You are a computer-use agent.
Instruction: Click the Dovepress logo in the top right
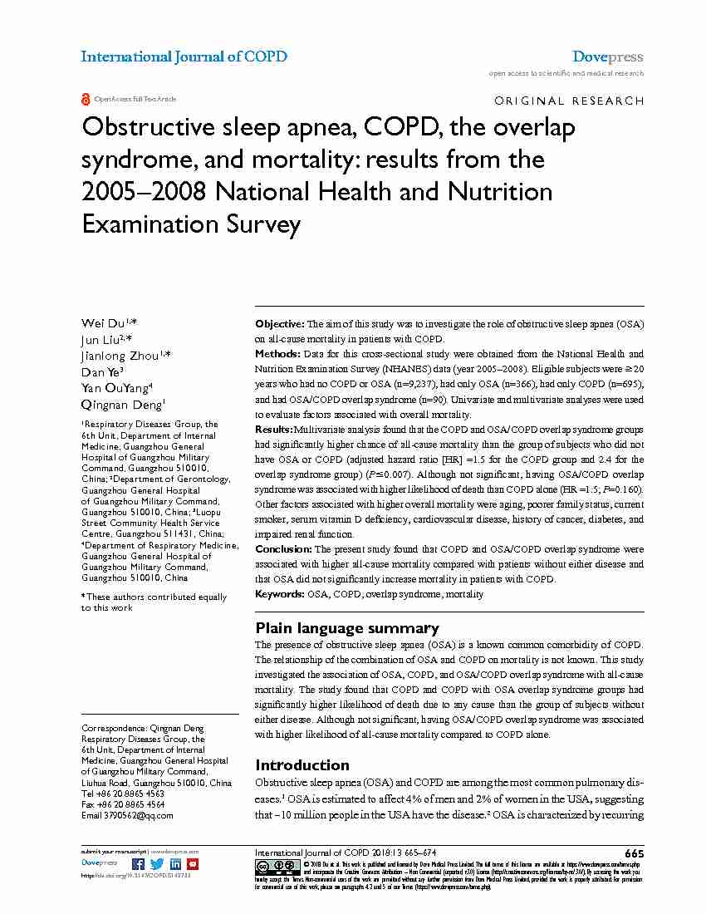click(607, 57)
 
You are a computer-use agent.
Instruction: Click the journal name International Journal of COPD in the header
click(184, 57)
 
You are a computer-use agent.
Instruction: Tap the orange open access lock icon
click(85, 99)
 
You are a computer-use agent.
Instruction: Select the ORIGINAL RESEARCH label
click(568, 101)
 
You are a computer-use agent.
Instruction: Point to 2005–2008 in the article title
click(144, 192)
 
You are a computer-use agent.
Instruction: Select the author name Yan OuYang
click(114, 387)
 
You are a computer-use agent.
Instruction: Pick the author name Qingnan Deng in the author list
click(121, 404)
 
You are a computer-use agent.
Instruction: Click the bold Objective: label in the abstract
click(280, 323)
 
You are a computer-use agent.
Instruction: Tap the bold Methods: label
click(278, 354)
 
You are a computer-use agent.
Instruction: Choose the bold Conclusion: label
click(283, 549)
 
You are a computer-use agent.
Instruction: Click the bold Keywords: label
click(280, 594)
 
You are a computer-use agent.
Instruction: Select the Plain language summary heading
click(347, 628)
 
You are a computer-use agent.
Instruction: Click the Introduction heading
click(302, 765)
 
